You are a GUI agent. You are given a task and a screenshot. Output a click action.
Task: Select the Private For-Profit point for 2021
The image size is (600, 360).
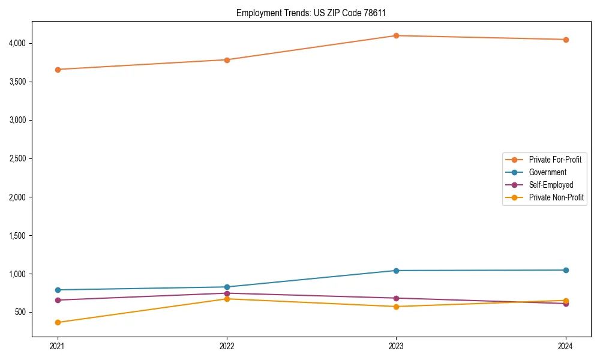[58, 70]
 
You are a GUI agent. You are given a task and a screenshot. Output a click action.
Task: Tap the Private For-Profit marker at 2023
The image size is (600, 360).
[396, 35]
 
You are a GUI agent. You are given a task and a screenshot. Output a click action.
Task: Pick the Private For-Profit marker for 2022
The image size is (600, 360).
[227, 60]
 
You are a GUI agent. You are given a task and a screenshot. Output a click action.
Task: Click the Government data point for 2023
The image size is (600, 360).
[396, 271]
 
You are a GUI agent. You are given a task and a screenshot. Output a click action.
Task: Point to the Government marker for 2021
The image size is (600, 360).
[58, 290]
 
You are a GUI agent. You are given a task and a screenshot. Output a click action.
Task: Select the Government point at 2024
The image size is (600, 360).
[565, 270]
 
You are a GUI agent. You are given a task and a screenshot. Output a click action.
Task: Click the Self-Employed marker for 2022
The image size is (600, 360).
[227, 293]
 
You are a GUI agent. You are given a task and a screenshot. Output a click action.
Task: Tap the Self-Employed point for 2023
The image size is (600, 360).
[396, 298]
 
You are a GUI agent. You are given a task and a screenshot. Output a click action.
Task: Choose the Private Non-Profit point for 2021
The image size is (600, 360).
[58, 322]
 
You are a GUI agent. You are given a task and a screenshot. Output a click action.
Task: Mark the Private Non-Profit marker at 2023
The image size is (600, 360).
[396, 307]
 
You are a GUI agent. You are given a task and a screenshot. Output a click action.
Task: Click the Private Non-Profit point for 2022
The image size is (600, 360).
[227, 299]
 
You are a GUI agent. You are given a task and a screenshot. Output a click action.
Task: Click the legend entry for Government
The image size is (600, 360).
[547, 172]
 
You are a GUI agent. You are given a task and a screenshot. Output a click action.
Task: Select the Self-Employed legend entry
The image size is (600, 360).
[551, 185]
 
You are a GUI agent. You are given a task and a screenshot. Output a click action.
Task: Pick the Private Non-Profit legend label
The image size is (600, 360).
[556, 197]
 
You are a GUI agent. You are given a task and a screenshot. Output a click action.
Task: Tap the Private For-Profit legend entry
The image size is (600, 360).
[555, 160]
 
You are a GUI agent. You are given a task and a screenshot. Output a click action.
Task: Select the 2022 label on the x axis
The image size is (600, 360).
[227, 346]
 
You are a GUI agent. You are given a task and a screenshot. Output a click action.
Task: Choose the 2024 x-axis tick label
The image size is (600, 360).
[565, 346]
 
